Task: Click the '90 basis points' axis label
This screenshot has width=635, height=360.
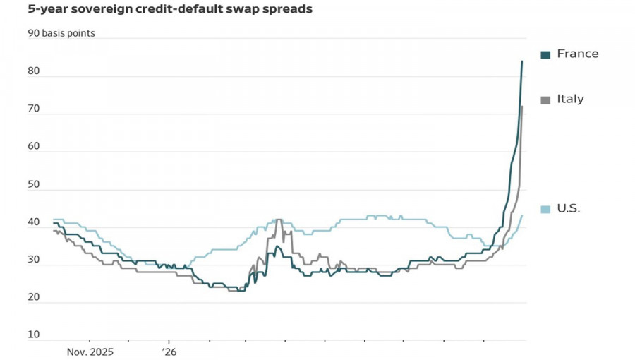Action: pyautogui.click(x=61, y=33)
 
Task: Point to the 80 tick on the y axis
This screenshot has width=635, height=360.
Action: pyautogui.click(x=34, y=71)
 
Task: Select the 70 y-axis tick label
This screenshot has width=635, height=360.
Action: pyautogui.click(x=34, y=109)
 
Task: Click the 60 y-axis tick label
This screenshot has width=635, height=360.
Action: pyautogui.click(x=34, y=146)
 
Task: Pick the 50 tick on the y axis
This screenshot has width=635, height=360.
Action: pyautogui.click(x=34, y=184)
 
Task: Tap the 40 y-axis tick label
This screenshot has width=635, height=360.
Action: pyautogui.click(x=34, y=222)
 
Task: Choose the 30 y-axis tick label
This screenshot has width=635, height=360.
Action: pyautogui.click(x=34, y=260)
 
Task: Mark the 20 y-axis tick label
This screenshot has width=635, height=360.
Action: pyautogui.click(x=34, y=297)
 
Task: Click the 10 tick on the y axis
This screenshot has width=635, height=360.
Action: pyautogui.click(x=34, y=335)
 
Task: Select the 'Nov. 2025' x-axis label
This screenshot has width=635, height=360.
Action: pyautogui.click(x=90, y=352)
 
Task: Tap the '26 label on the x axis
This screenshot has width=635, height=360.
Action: pyautogui.click(x=169, y=352)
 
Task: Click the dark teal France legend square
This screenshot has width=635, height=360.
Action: pyautogui.click(x=545, y=54)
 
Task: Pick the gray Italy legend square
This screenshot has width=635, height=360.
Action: pyautogui.click(x=545, y=100)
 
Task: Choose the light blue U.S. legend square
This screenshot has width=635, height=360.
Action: pyautogui.click(x=545, y=210)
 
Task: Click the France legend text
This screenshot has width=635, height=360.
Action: pyautogui.click(x=577, y=54)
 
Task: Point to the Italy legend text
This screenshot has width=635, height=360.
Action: pyautogui.click(x=570, y=100)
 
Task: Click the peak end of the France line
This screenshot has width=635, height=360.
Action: pyautogui.click(x=521, y=61)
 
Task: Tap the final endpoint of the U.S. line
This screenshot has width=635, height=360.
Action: pyautogui.click(x=522, y=215)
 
